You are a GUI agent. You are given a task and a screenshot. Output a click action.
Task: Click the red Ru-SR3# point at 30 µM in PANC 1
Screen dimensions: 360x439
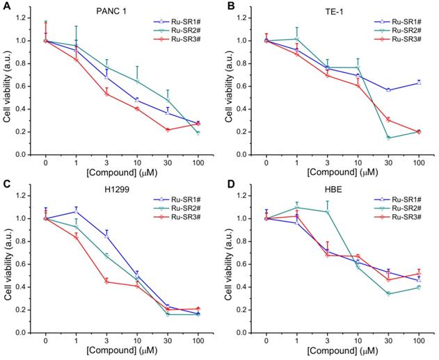click(x=168, y=130)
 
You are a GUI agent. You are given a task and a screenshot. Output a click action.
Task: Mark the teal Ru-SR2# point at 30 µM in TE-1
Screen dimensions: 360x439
click(x=388, y=138)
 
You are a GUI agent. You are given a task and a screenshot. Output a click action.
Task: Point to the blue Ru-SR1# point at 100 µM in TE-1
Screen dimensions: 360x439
click(x=419, y=83)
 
